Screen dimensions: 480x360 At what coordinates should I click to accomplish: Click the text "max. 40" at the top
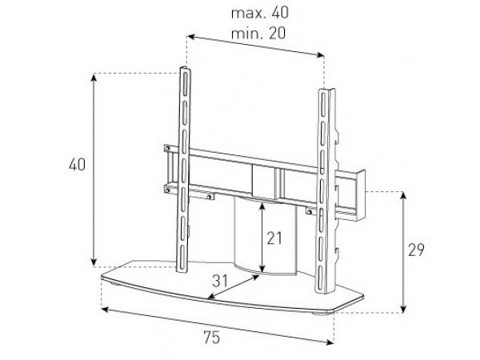(259, 13)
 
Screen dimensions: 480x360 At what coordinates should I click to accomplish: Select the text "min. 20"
(258, 33)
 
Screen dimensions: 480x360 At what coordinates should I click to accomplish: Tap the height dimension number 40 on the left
(77, 165)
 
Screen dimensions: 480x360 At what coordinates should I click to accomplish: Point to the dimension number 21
(274, 238)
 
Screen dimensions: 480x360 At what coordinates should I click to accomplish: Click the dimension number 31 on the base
(220, 281)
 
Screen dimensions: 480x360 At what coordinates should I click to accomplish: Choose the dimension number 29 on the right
(416, 250)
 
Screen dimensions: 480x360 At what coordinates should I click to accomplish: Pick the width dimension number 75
(212, 338)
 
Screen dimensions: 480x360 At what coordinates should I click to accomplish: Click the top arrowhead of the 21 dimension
(262, 206)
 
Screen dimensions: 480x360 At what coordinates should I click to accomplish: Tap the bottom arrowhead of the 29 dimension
(403, 309)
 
